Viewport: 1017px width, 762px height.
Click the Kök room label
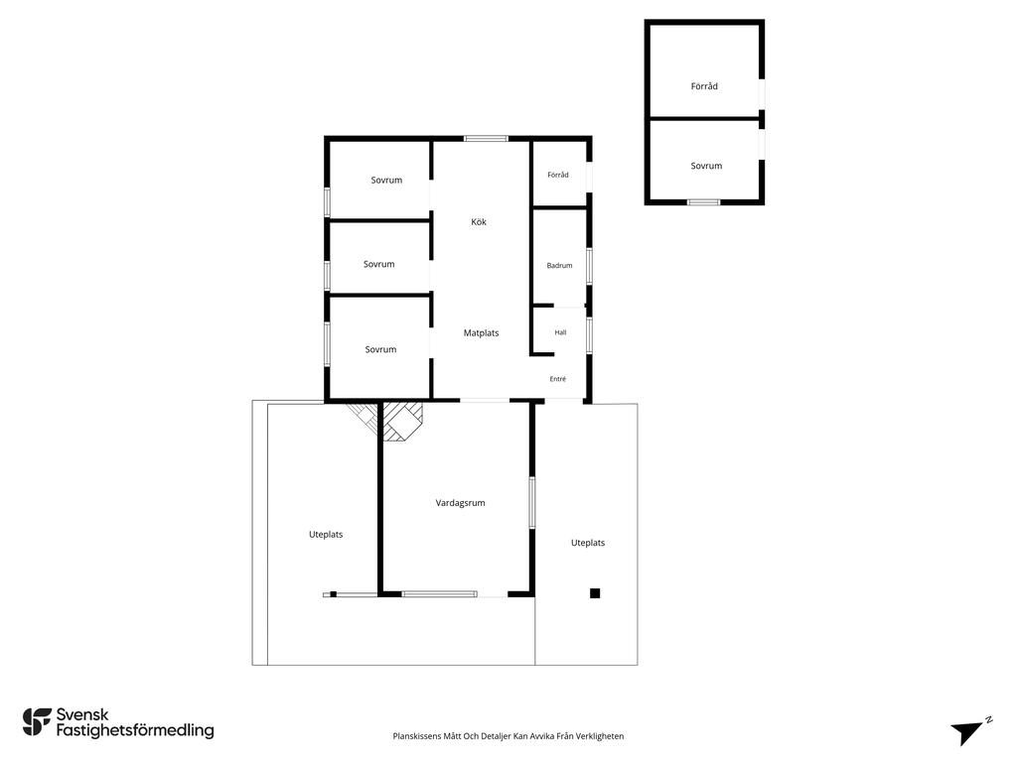479,222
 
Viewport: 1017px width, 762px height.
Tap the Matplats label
482,333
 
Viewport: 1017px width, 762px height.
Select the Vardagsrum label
461,503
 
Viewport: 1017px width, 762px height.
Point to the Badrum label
560,266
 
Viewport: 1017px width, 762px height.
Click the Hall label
560,332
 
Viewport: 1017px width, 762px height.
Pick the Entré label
558,379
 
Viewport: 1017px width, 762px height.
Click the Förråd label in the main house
558,175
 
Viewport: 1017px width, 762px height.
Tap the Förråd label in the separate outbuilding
704,86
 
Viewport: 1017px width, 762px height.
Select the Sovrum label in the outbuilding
706,166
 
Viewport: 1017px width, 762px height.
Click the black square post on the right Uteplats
595,593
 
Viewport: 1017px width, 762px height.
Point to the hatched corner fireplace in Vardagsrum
401,421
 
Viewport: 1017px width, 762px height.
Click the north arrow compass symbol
969,731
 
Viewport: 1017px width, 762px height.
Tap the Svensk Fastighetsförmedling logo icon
37,722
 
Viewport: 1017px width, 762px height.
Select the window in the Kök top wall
486,138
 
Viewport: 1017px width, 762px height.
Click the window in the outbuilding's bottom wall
704,202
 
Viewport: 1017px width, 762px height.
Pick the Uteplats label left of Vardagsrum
326,535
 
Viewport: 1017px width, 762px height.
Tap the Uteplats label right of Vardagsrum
588,543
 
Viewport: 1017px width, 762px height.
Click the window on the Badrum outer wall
589,266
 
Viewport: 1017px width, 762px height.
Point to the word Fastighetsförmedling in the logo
135,731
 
